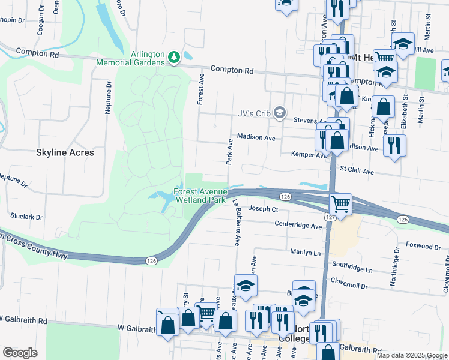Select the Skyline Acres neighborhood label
click(x=65, y=152)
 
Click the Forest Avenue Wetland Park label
click(x=199, y=196)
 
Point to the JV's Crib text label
click(x=252, y=112)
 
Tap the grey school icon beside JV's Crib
click(x=279, y=112)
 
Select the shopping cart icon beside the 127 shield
click(x=340, y=204)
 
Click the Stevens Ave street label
click(x=310, y=121)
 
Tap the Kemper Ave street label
click(x=307, y=155)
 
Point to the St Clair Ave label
click(x=357, y=172)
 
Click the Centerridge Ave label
click(x=298, y=226)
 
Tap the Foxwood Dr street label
click(x=423, y=246)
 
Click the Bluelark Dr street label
click(x=26, y=217)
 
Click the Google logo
click(x=20, y=353)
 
